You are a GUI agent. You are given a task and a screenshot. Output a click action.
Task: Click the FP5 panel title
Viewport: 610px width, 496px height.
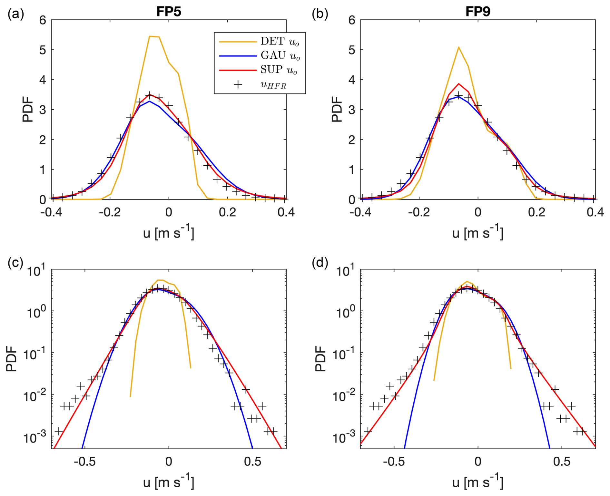pyautogui.click(x=169, y=12)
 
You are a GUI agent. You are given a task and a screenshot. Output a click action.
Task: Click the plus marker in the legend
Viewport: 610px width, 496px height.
pyautogui.click(x=238, y=85)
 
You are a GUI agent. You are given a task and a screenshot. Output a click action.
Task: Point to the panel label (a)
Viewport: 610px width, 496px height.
pyautogui.click(x=16, y=14)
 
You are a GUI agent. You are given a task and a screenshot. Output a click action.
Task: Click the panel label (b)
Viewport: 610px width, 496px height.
pyautogui.click(x=320, y=14)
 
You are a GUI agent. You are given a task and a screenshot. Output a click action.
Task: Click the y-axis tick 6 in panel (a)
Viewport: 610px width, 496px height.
pyautogui.click(x=43, y=20)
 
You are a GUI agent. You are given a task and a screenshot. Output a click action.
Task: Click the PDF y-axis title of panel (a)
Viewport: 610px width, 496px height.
pyautogui.click(x=28, y=110)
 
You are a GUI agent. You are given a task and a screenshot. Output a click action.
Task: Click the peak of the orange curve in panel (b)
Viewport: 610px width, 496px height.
pyautogui.click(x=458, y=47)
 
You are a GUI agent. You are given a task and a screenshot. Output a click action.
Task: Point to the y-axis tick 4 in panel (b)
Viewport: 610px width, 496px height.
pyautogui.click(x=352, y=80)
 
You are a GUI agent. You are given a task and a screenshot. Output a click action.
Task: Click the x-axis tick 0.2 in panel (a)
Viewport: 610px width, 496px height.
pyautogui.click(x=227, y=212)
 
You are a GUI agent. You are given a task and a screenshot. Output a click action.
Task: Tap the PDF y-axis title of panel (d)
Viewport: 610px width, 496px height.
pyautogui.click(x=321, y=358)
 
